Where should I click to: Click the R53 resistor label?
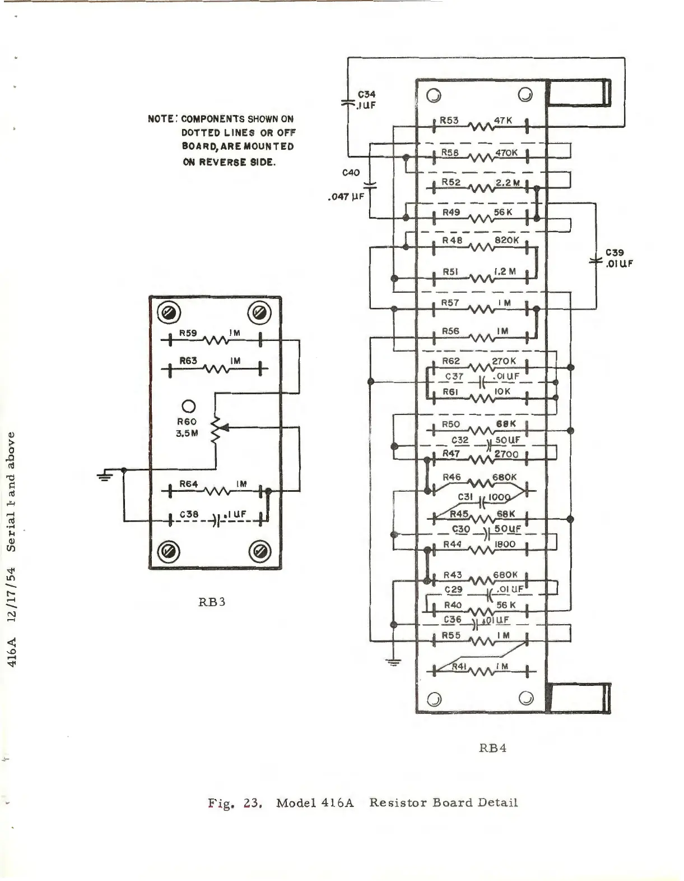click(x=449, y=120)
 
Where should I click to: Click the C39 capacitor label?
click(x=615, y=253)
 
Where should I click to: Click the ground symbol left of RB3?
click(x=105, y=476)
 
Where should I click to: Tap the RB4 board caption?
click(x=493, y=748)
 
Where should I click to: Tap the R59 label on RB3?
click(x=188, y=333)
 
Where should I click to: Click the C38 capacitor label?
click(x=189, y=514)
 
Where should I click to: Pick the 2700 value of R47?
click(x=506, y=454)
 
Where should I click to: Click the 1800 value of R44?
click(x=505, y=544)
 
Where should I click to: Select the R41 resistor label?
click(x=460, y=666)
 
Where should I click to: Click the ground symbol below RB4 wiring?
click(x=394, y=662)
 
